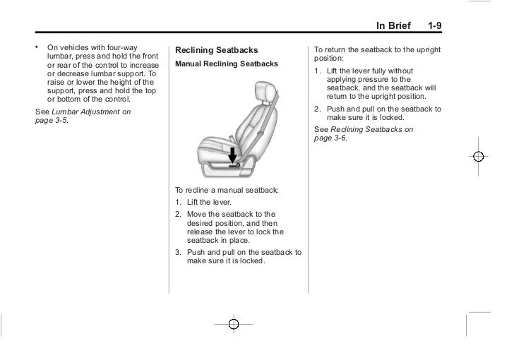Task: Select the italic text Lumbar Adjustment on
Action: tap(91, 112)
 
